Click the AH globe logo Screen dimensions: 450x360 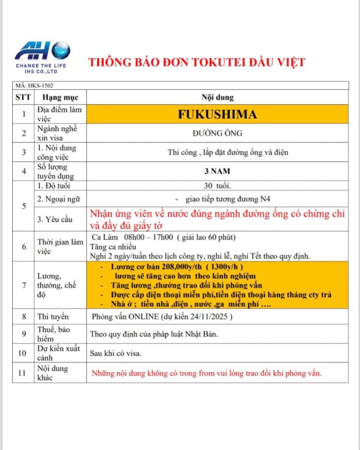click(x=42, y=51)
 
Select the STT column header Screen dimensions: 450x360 click(x=23, y=97)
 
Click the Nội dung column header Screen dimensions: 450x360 click(x=218, y=97)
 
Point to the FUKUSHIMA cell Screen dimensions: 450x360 click(x=217, y=114)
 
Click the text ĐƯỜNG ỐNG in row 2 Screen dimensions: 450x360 click(x=217, y=134)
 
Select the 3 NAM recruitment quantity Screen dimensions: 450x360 click(x=217, y=171)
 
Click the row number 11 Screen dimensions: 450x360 click(x=23, y=373)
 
